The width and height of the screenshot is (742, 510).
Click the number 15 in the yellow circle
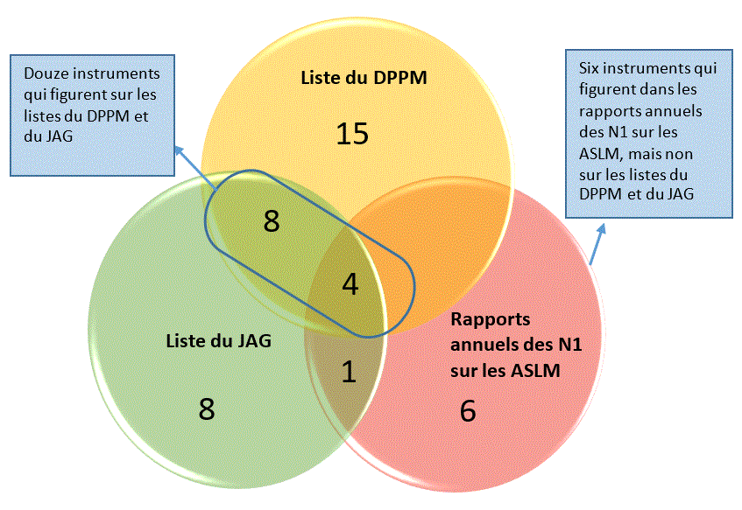(x=352, y=134)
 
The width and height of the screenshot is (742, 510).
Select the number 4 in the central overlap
(x=350, y=284)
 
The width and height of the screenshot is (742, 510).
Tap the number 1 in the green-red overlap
(x=349, y=372)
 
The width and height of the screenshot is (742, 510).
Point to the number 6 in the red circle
(x=468, y=410)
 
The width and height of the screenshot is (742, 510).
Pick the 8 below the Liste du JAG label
(x=207, y=409)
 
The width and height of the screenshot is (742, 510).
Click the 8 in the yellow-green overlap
(x=272, y=221)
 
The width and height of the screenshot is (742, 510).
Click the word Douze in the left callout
(x=40, y=73)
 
